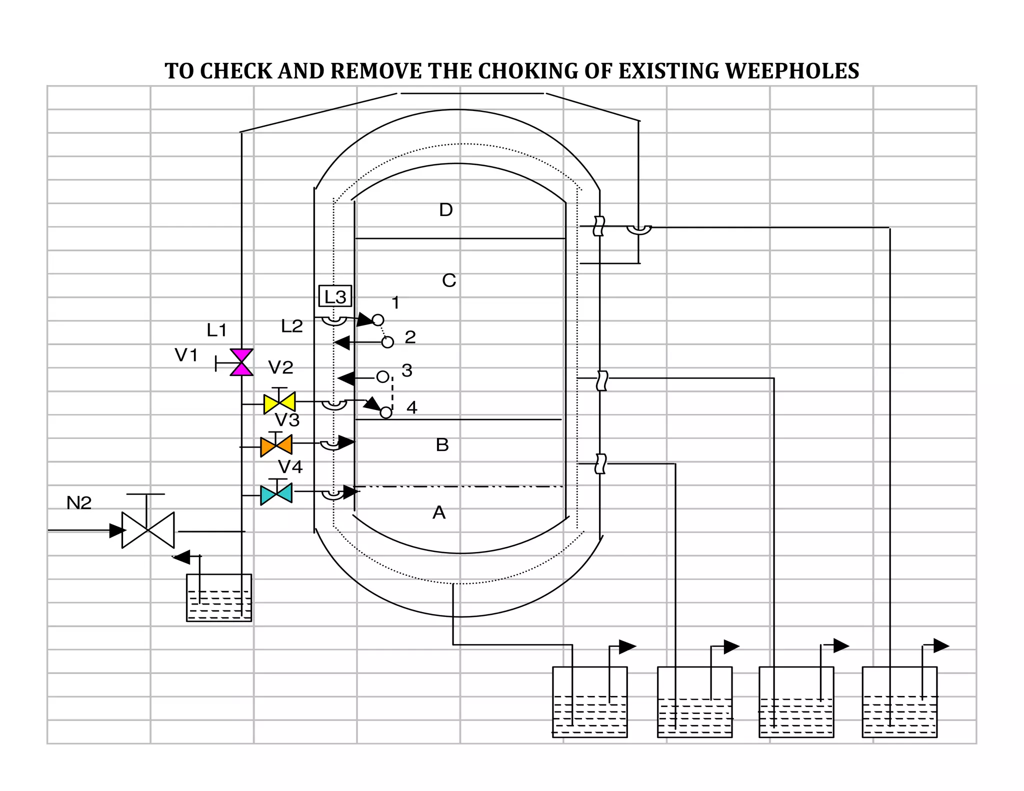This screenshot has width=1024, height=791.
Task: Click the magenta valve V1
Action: coord(241,362)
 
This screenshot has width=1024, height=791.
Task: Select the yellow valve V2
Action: coord(279,402)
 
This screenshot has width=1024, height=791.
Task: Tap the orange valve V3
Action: coord(276,445)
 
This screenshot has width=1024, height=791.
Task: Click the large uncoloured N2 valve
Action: coord(148,530)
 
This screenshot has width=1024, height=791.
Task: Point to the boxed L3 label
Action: coord(335,296)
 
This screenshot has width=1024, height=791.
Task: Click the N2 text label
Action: coord(79,502)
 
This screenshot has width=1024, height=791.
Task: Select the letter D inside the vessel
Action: coord(445,210)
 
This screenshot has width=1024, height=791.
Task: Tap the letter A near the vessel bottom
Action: coord(438,512)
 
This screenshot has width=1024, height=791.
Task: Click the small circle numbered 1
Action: coord(378,320)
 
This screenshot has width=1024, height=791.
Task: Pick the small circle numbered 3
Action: coord(382,376)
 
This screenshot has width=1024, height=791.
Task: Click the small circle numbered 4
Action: coord(386,412)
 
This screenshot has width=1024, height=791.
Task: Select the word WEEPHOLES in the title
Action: coord(792,71)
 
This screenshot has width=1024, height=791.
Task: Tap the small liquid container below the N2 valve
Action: coord(219,598)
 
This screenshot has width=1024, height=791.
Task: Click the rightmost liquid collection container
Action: coord(899,702)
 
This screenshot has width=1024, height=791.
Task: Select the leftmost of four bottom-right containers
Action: coord(589,702)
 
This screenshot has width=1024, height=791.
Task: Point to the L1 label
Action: coord(216,330)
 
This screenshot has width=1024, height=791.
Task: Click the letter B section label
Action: coord(442,445)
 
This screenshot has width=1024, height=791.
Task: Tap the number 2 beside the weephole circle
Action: coord(410,337)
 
